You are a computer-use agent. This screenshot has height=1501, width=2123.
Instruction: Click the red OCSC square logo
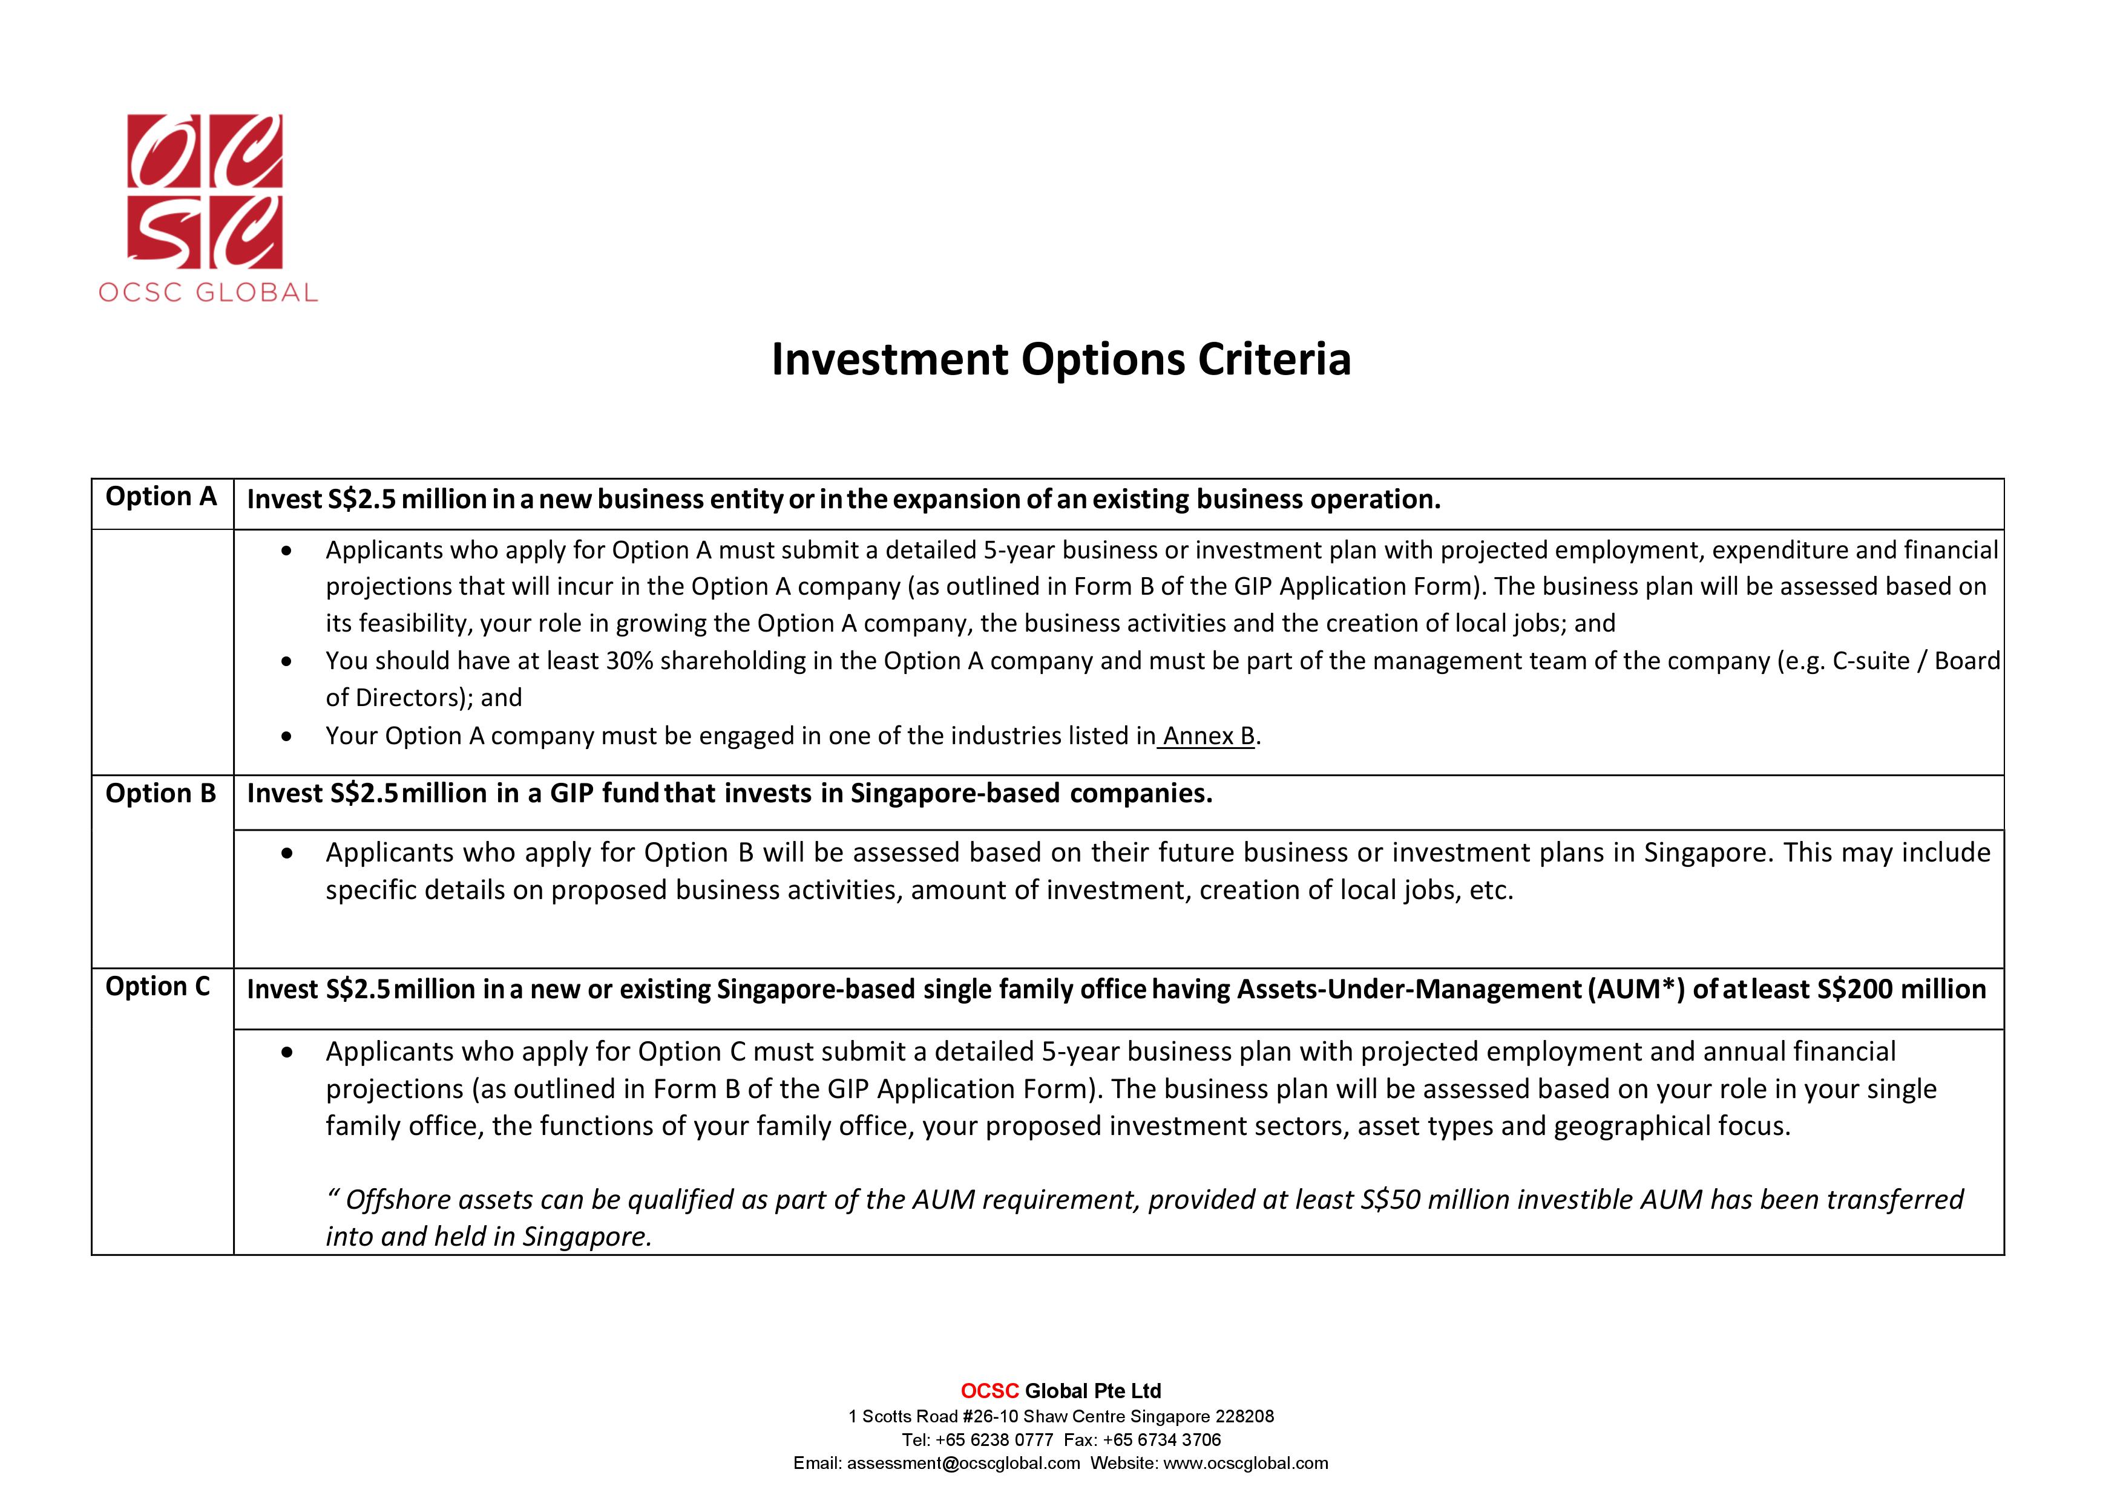pyautogui.click(x=205, y=191)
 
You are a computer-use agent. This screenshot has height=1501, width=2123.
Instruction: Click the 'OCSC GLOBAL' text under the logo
pyautogui.click(x=208, y=293)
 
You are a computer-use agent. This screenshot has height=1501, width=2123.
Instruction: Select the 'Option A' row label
pyautogui.click(x=161, y=497)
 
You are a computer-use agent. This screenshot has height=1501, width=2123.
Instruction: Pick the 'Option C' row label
pyautogui.click(x=157, y=987)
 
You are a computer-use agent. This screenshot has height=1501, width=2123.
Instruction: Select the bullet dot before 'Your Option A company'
pyautogui.click(x=287, y=737)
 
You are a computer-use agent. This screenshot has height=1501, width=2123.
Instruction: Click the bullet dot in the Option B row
pyautogui.click(x=287, y=853)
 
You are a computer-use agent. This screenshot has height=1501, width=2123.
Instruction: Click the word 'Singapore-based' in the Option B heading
pyautogui.click(x=955, y=794)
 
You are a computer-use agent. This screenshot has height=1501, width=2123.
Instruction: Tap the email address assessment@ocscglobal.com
pyautogui.click(x=963, y=1463)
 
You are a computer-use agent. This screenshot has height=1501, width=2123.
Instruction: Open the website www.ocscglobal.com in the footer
pyautogui.click(x=1245, y=1463)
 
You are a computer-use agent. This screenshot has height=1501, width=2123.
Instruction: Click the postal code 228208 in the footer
pyautogui.click(x=1245, y=1416)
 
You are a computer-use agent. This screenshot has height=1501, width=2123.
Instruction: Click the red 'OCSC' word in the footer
pyautogui.click(x=989, y=1391)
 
